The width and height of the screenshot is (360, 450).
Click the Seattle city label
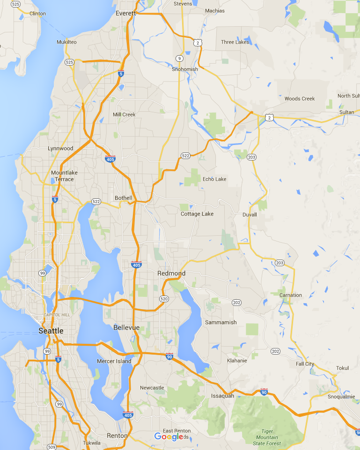tap(51, 331)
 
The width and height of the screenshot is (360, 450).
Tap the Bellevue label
tap(126, 327)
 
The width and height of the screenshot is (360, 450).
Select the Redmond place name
tap(171, 273)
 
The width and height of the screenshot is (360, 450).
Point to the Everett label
tap(125, 13)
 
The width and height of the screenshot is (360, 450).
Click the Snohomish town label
tap(184, 69)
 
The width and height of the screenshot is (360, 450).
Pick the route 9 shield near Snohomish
tap(179, 58)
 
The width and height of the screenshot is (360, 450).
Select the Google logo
tap(169, 436)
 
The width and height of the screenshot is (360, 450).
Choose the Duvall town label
tap(250, 215)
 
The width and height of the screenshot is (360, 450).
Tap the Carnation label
tap(290, 295)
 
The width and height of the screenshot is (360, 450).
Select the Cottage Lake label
tap(197, 214)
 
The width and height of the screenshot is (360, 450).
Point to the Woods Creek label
tap(300, 99)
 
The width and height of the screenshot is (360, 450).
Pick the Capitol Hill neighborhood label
tap(56, 315)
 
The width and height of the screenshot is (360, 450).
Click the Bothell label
tap(124, 198)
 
